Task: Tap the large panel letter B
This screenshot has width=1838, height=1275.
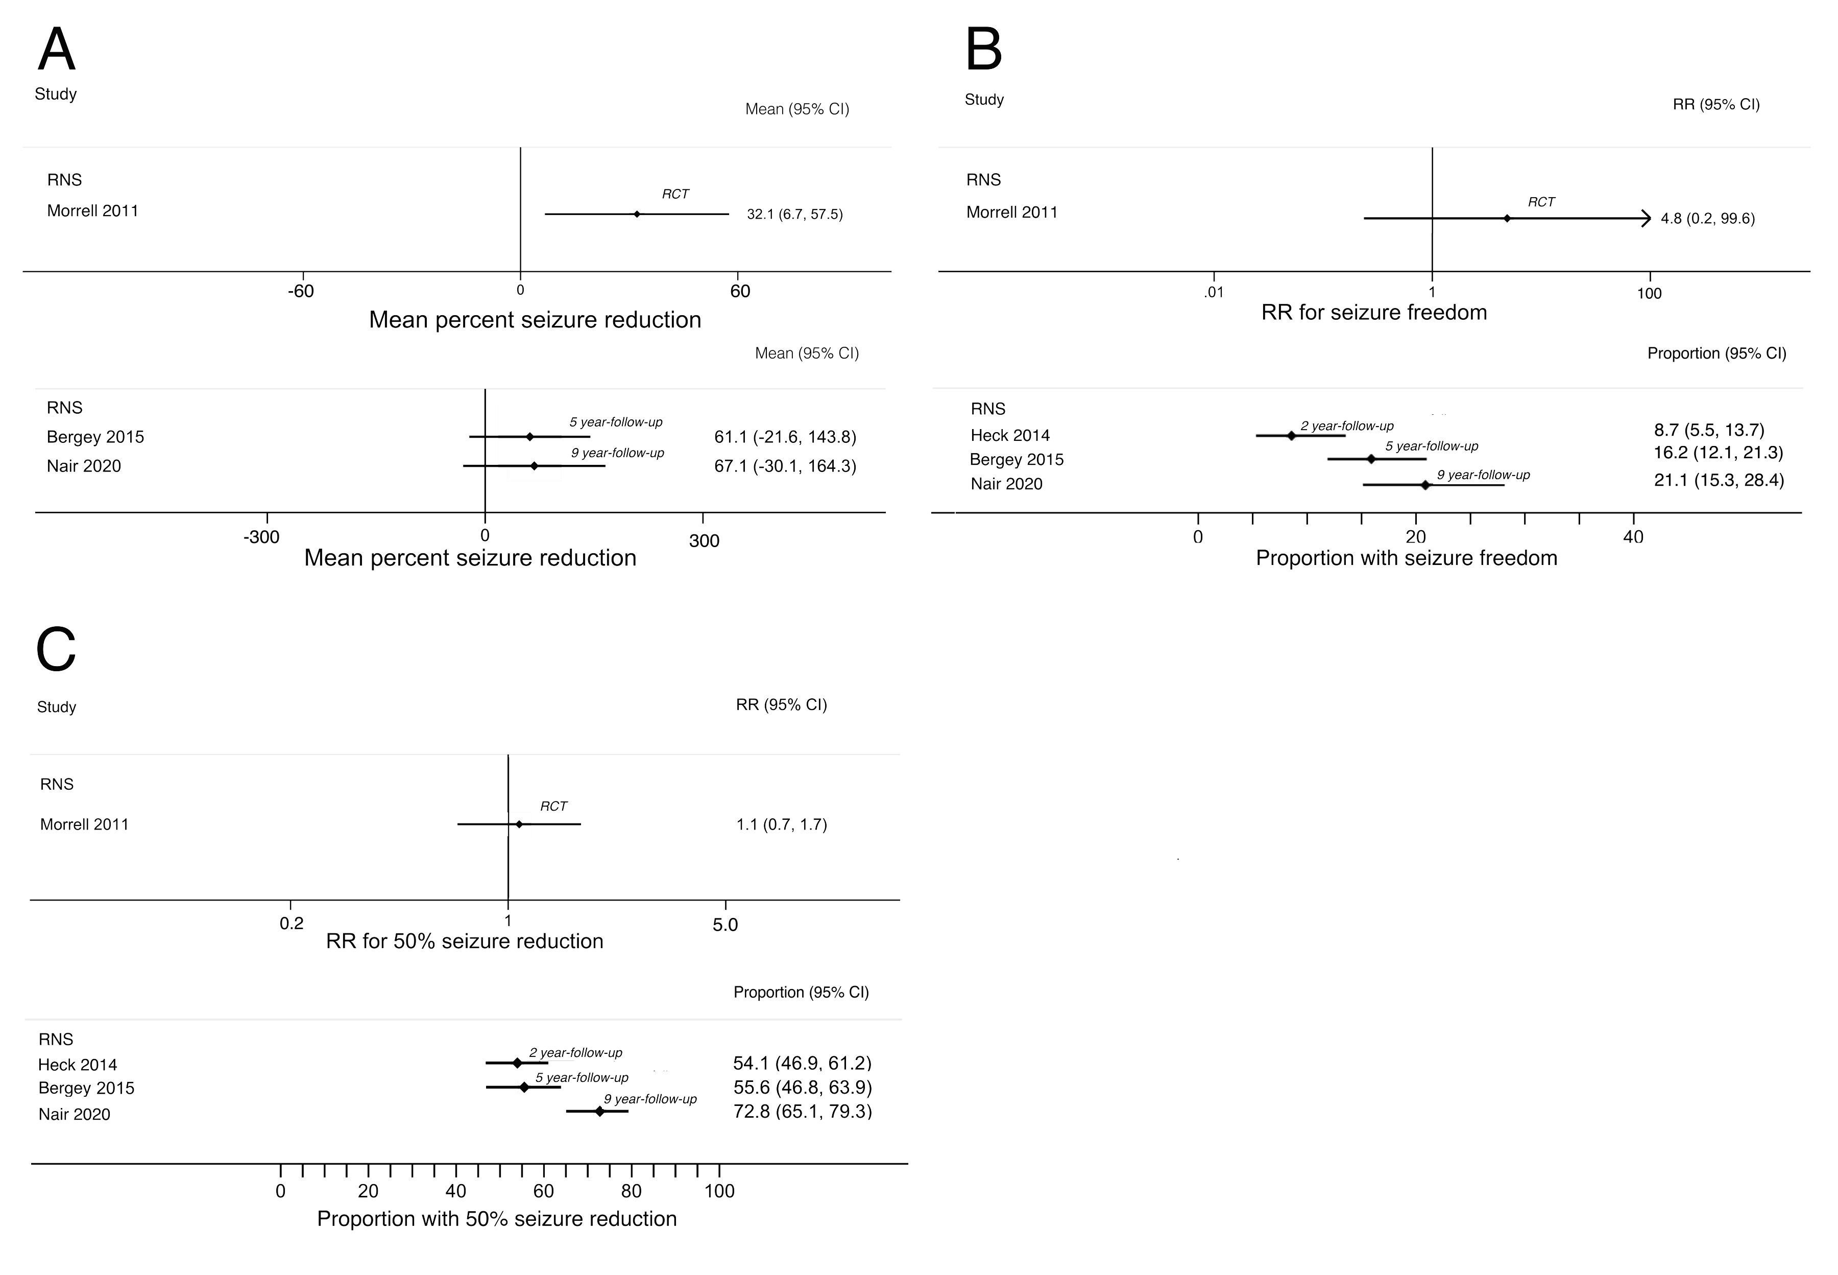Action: click(984, 50)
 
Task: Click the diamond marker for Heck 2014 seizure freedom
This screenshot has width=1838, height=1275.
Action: click(1291, 435)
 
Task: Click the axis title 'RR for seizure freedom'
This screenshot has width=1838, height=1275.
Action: click(1373, 312)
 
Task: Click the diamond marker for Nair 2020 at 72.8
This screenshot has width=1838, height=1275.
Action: click(599, 1111)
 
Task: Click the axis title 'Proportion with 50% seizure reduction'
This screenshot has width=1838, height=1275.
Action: click(497, 1219)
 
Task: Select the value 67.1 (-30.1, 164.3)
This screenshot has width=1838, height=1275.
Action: click(785, 466)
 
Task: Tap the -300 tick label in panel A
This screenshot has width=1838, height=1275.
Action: click(261, 537)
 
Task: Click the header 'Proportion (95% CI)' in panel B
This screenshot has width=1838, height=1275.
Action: click(1716, 353)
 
